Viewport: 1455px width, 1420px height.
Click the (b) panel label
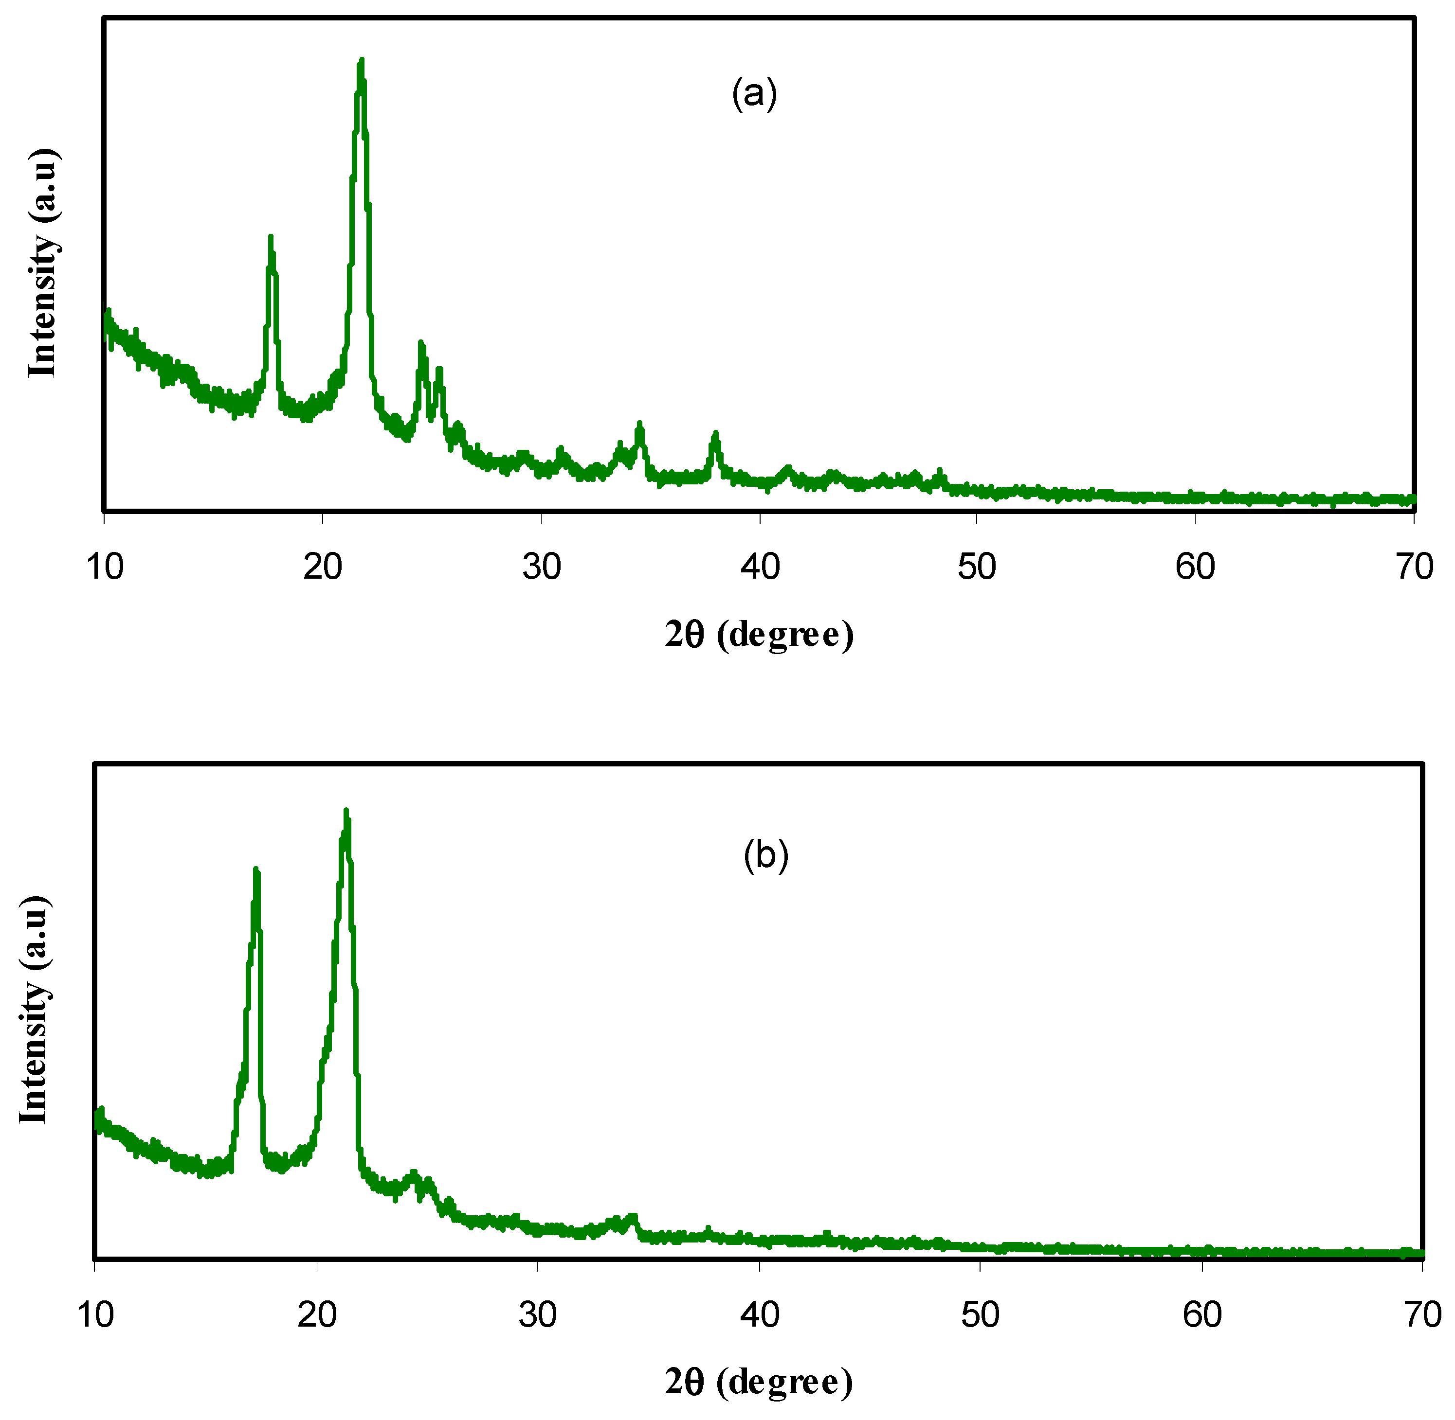point(765,855)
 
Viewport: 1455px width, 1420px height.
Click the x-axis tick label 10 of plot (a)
point(105,568)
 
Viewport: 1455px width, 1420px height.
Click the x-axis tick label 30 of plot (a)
point(542,568)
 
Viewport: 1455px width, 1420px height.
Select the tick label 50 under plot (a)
point(977,568)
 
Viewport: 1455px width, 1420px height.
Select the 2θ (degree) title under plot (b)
point(758,1383)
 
